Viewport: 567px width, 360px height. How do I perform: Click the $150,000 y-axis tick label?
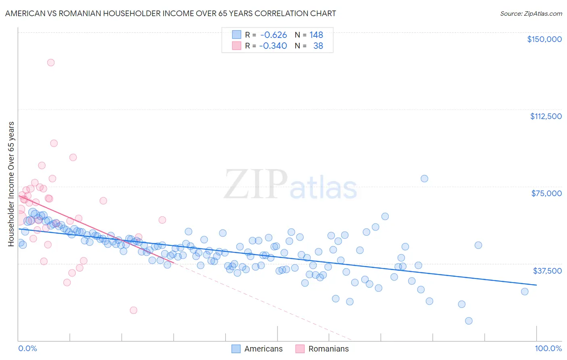point(544,39)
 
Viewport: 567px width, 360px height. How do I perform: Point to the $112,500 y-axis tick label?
point(546,116)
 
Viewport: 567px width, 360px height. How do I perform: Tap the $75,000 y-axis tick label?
point(546,193)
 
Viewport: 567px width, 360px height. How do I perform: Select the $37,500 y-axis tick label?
point(547,271)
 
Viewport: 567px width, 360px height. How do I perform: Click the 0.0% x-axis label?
point(27,348)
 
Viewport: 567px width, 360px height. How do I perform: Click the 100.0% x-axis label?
point(548,348)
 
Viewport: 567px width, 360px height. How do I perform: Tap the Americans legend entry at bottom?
point(263,349)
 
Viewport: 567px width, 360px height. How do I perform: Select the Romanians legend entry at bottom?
point(328,349)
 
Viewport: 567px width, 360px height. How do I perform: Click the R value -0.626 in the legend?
point(273,35)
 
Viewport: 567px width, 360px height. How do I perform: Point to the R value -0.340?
point(273,46)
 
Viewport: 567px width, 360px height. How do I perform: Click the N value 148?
point(316,35)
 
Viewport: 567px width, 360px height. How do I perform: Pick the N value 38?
point(318,46)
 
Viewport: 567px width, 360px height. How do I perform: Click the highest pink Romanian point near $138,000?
point(51,63)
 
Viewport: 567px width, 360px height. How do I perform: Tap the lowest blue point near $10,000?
point(469,321)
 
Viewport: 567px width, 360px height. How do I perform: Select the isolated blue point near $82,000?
point(424,178)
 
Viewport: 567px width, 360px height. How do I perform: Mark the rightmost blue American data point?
point(525,291)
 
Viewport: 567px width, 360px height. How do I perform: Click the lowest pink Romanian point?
point(133,310)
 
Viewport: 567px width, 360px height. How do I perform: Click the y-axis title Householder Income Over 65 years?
point(11,184)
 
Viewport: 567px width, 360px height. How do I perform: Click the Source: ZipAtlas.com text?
point(531,14)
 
